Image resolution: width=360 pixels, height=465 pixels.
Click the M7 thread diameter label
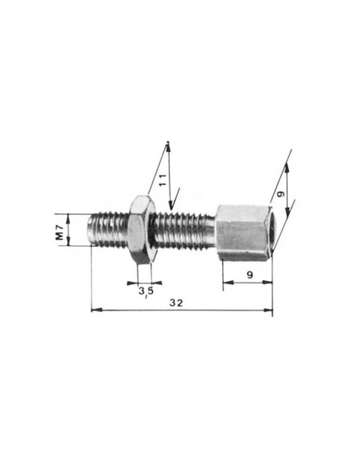[x=61, y=232]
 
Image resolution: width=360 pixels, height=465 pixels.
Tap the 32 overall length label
[x=176, y=303]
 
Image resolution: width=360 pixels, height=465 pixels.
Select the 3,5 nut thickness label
[x=147, y=291]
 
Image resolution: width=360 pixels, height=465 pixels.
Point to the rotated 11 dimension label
[x=162, y=180]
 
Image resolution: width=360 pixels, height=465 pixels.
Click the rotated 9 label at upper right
[x=280, y=193]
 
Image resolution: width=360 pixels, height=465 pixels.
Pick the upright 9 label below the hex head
[x=250, y=275]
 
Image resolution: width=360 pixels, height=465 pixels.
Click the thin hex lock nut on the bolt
[x=142, y=229]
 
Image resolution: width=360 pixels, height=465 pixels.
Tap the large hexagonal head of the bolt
[x=244, y=232]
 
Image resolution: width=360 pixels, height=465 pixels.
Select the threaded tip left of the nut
[x=108, y=229]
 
